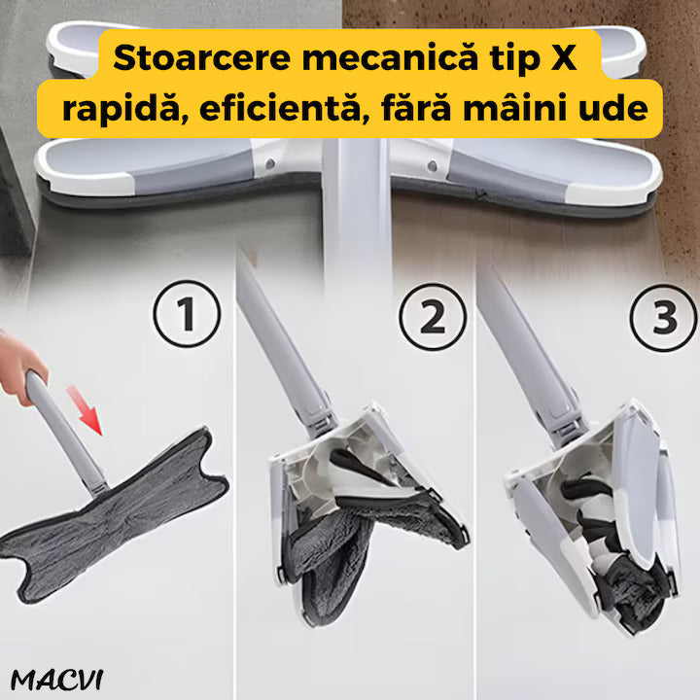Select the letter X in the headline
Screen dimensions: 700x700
(x=564, y=58)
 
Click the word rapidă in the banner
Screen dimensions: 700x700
(x=121, y=109)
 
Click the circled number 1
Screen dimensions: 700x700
(x=187, y=314)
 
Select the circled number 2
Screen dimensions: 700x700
(x=433, y=317)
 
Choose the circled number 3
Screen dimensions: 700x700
(x=664, y=317)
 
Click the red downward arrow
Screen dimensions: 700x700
(x=86, y=410)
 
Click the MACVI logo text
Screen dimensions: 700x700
(x=57, y=680)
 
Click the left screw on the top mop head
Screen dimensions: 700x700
(x=269, y=164)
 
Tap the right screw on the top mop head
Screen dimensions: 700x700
(x=432, y=166)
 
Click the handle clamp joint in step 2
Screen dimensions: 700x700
(x=321, y=422)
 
